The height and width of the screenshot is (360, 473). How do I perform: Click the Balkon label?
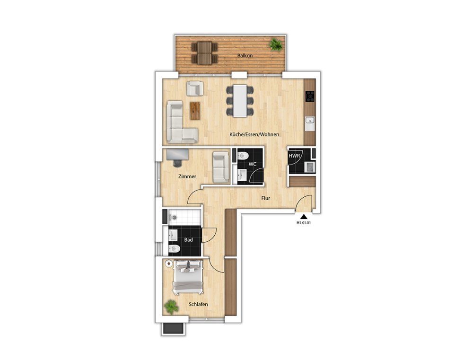click(245, 55)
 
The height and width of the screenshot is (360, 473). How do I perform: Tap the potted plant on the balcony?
click(276, 44)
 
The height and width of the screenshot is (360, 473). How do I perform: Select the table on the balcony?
click(204, 53)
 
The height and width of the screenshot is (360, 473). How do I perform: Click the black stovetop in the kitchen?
click(310, 97)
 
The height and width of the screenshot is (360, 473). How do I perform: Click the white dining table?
click(240, 101)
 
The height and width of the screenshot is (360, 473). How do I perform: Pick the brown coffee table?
click(195, 111)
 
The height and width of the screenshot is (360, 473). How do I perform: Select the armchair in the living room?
click(194, 88)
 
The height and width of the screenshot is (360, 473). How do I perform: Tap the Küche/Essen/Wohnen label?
click(254, 134)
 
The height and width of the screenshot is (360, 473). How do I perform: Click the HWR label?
click(294, 156)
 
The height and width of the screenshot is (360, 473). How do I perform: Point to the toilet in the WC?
click(243, 156)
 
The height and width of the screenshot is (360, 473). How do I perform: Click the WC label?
click(253, 164)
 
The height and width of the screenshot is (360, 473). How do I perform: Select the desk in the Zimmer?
click(178, 154)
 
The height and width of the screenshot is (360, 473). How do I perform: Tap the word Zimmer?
click(187, 176)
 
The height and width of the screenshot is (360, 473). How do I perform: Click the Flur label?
click(265, 198)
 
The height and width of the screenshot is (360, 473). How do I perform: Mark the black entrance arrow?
click(304, 216)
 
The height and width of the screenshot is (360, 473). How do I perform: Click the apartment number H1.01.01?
click(304, 223)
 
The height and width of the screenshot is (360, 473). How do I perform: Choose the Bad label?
click(189, 239)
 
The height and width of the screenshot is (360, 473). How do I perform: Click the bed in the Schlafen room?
click(187, 277)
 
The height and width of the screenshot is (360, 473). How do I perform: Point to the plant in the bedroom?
click(171, 307)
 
